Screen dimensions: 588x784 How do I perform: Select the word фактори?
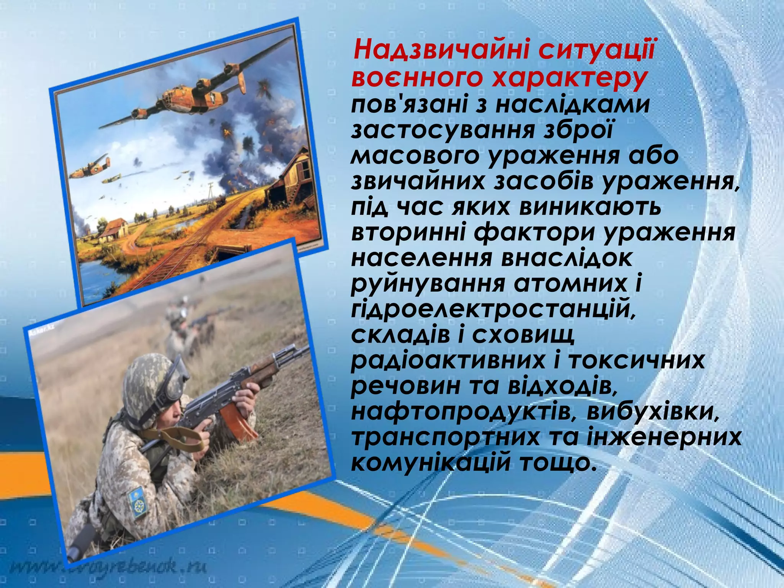[532, 233]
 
